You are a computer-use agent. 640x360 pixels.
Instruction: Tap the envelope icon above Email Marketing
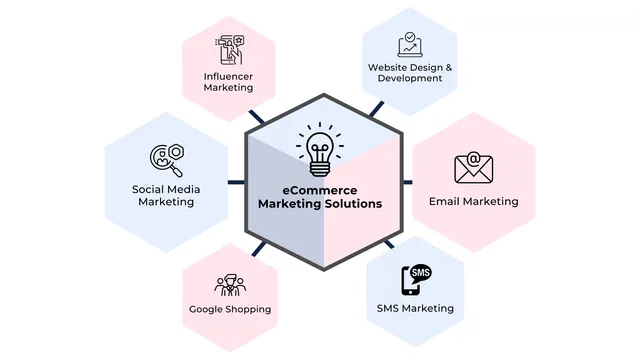click(x=473, y=168)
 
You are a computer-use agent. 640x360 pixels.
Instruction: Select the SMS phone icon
click(x=415, y=279)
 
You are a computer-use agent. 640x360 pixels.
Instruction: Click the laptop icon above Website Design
click(x=410, y=45)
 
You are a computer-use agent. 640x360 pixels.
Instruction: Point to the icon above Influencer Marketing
click(x=228, y=50)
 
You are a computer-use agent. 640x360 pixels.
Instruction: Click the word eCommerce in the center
click(x=319, y=189)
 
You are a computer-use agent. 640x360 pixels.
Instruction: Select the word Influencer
click(x=228, y=75)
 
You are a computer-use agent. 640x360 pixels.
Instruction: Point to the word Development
click(x=410, y=78)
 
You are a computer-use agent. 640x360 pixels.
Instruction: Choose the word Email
click(x=445, y=201)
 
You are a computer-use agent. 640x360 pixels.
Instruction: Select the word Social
click(x=150, y=188)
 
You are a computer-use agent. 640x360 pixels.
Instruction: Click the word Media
click(x=187, y=188)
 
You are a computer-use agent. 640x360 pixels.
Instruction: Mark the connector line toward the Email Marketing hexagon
click(x=407, y=182)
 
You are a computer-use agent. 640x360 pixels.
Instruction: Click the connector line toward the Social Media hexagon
click(x=237, y=182)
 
